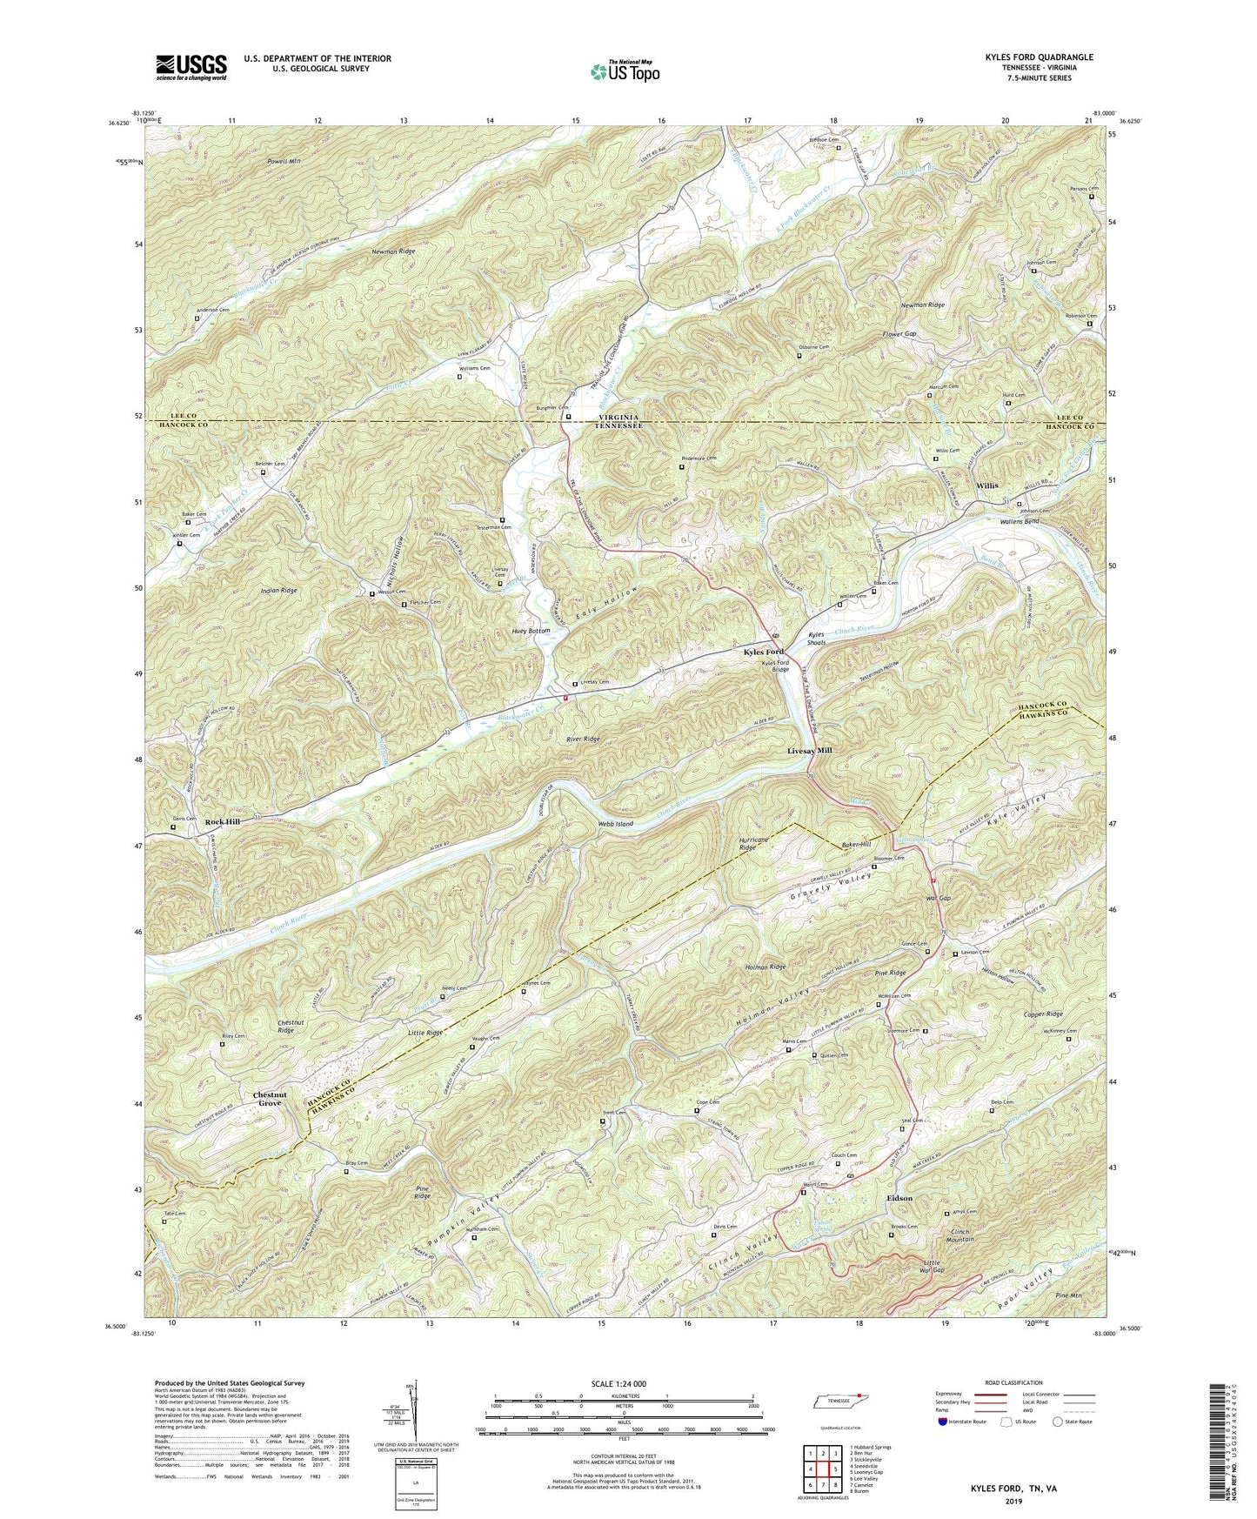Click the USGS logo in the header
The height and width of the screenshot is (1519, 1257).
click(191, 66)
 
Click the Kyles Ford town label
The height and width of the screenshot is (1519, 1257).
click(763, 652)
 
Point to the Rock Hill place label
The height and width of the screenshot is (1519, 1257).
click(222, 821)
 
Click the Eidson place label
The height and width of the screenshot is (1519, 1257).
click(899, 1198)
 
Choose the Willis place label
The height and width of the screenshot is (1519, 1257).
click(986, 485)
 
